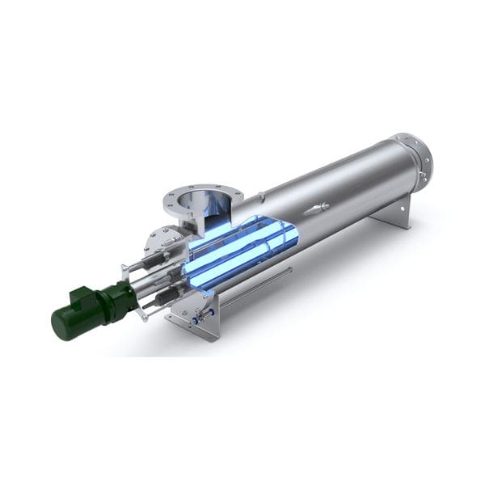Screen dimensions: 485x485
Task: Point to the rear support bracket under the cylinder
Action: point(388,213)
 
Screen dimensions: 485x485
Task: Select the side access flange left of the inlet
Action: point(162,239)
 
